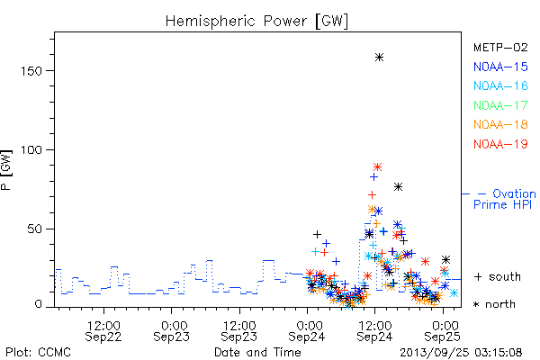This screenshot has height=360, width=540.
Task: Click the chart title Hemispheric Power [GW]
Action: pos(256,21)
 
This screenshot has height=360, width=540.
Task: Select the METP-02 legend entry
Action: pos(500,47)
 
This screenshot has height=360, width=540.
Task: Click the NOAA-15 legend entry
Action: pos(500,67)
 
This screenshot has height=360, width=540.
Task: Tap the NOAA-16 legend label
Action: pos(500,85)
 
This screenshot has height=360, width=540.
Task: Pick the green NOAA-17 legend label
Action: pos(500,105)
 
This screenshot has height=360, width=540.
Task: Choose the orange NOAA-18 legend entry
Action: pos(500,124)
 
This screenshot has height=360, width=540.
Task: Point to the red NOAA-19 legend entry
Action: pos(500,144)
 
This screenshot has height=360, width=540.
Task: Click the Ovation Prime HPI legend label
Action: pos(504,199)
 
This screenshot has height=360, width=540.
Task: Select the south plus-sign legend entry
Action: pos(498,276)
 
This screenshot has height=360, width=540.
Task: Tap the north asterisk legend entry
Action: pos(494,304)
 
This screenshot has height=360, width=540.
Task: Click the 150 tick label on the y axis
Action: pos(31,71)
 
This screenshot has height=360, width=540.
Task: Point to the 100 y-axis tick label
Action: pos(31,150)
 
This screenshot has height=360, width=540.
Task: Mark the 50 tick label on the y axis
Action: pos(35,229)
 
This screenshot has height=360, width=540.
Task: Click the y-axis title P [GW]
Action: pos(6,170)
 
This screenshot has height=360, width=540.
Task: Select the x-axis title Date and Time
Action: pos(257,352)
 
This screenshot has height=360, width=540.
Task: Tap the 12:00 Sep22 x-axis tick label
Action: pos(103,331)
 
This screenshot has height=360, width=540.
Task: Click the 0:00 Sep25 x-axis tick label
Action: pos(443,331)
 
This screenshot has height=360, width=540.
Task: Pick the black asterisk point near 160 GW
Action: pos(379,58)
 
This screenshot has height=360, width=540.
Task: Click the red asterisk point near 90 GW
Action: pos(377,167)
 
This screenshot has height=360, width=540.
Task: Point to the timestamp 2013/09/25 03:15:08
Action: pos(461,353)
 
